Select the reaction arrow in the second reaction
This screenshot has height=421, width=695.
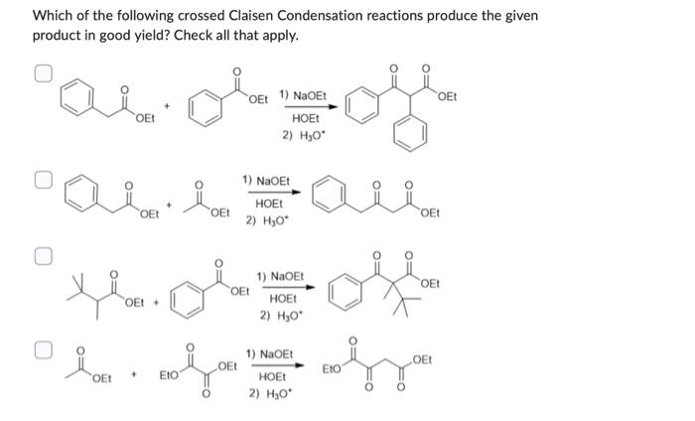point(267,194)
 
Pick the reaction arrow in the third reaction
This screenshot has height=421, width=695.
point(281,287)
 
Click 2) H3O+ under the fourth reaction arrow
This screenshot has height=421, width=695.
point(269,394)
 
